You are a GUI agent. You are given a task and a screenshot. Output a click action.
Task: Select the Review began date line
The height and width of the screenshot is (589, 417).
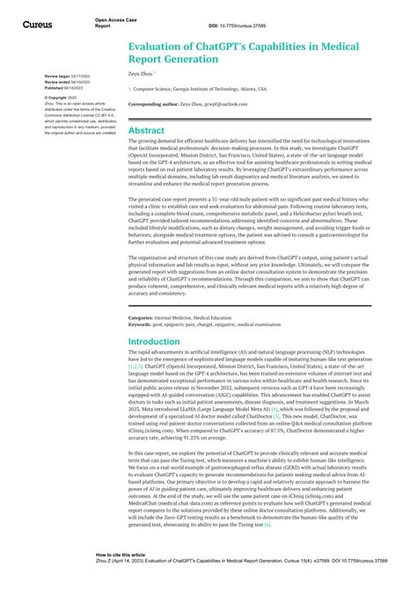(55, 77)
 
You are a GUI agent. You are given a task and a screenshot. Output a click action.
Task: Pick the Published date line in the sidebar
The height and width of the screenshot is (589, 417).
(54, 88)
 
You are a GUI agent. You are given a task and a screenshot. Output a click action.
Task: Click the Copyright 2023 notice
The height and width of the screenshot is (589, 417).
(48, 97)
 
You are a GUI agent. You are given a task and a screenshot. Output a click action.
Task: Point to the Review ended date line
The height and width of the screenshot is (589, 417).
(55, 83)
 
